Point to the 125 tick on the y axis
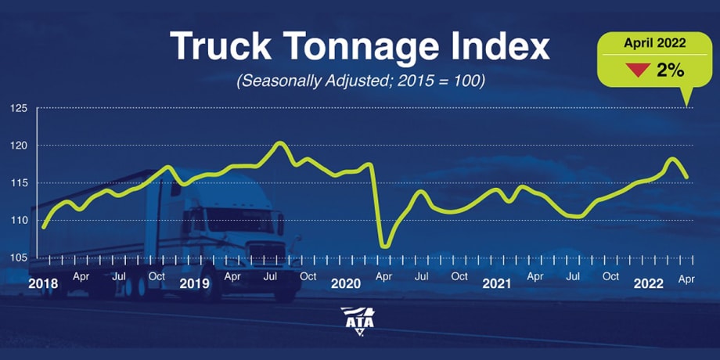coord(19,107)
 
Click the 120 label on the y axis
coord(19,145)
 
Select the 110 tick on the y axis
coord(19,221)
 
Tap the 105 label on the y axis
coord(19,257)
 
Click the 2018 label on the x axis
coord(44,283)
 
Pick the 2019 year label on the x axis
coord(195,283)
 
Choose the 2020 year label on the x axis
coord(346,283)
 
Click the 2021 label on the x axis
coord(497,283)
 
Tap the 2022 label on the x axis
coord(648,283)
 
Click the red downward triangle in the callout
coord(639,70)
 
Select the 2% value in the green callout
coord(670,70)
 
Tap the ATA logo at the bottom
coord(359,320)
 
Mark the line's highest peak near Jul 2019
coord(279,143)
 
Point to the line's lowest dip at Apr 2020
coord(384,247)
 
